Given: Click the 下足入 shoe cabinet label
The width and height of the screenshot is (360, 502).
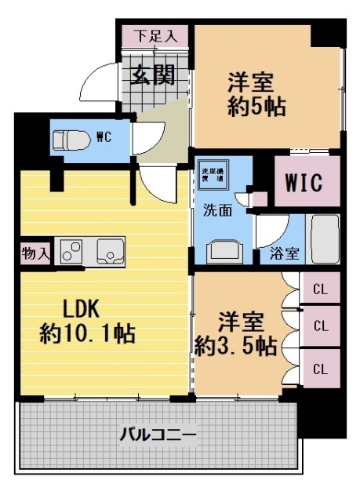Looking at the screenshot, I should [153, 35].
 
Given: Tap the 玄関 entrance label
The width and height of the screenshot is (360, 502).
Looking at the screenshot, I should [153, 76].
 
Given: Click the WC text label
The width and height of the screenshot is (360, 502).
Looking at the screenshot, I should [104, 137].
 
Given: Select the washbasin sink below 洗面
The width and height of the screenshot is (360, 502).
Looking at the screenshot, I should [222, 251].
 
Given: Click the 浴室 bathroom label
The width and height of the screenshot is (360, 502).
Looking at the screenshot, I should [284, 253].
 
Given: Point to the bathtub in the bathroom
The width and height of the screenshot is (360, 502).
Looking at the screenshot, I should [324, 237].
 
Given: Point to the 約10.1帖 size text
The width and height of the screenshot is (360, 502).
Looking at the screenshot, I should [87, 334].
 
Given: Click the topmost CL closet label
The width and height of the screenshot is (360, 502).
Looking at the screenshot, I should [320, 288].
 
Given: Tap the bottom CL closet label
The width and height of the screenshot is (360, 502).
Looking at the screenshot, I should [320, 368].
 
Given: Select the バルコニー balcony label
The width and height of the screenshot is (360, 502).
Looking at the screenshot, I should [158, 433].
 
